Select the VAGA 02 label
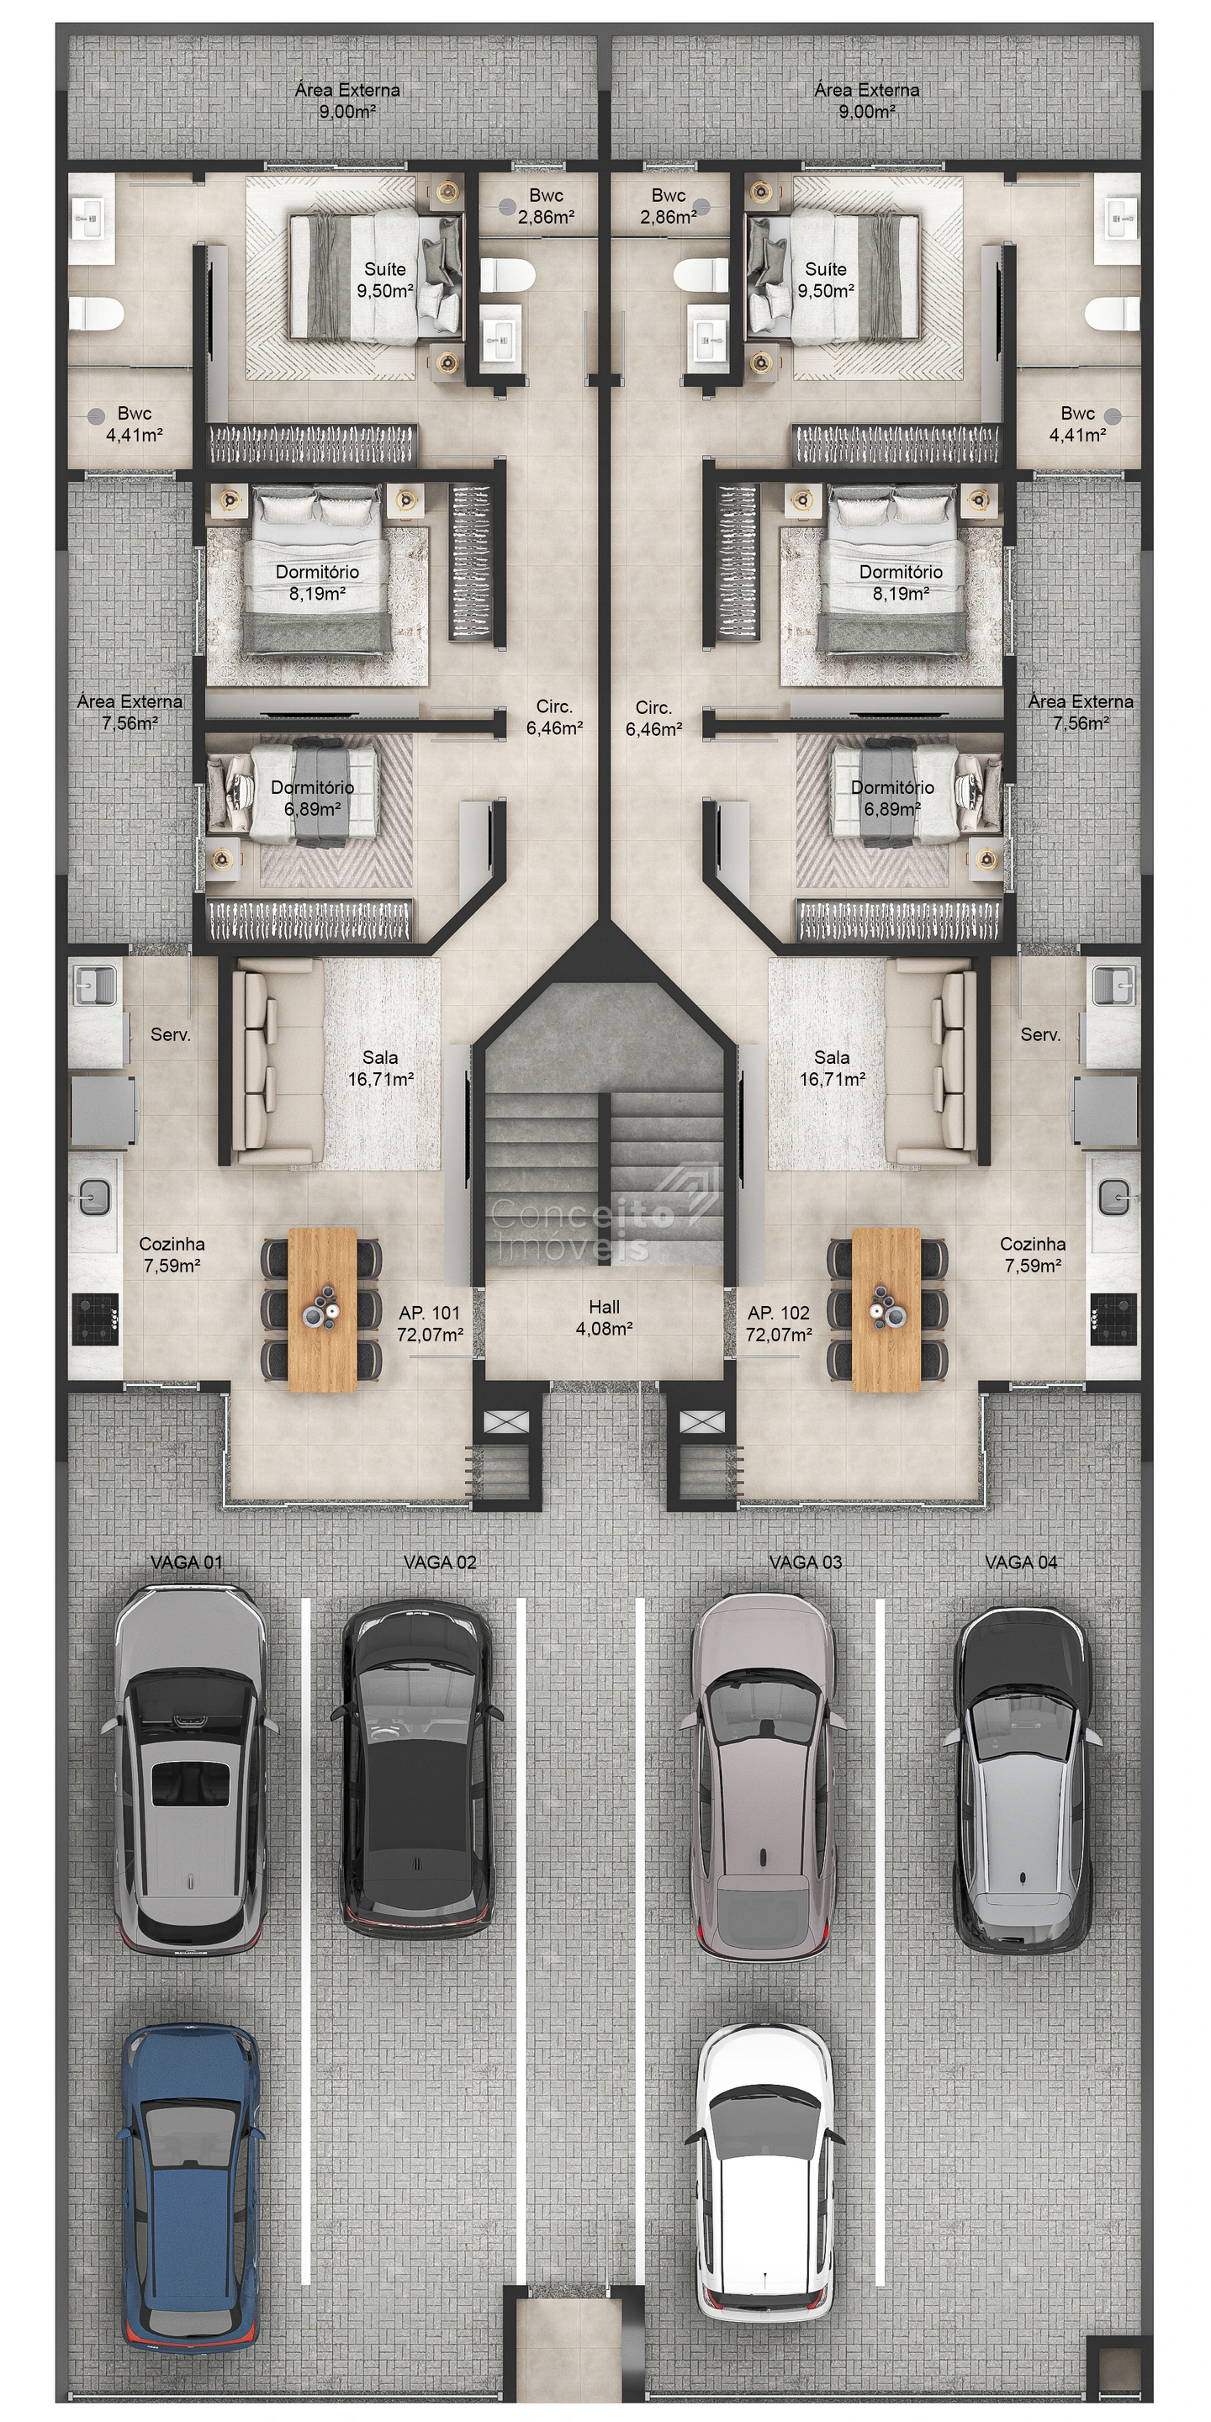[x=440, y=1562]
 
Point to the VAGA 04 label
[x=1021, y=1562]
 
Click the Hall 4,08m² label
[x=604, y=1317]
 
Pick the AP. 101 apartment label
[x=430, y=1323]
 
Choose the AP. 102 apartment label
[x=779, y=1323]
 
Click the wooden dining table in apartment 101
[x=322, y=1309]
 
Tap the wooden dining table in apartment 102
[x=886, y=1309]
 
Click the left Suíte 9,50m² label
[x=384, y=280]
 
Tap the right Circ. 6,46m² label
[x=653, y=717]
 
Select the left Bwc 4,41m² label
[x=135, y=424]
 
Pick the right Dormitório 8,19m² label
[x=900, y=582]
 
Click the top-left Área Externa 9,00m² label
[x=347, y=101]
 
